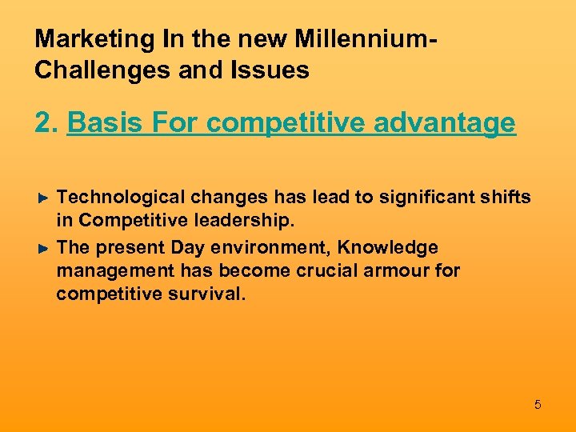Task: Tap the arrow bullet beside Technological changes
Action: pos(45,197)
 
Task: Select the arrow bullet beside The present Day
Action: pos(45,248)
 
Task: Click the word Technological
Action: pos(125,197)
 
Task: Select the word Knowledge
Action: pos(392,248)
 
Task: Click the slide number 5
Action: pos(538,405)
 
